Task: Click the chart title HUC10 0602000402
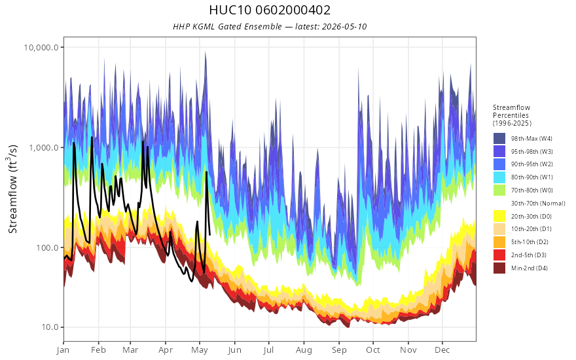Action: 270,10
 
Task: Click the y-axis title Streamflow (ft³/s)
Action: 12,189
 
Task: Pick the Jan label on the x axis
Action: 63,350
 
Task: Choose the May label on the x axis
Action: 200,350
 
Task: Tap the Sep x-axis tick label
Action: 339,350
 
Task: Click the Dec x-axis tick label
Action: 442,350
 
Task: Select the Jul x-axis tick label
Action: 268,350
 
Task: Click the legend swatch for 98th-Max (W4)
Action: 499,139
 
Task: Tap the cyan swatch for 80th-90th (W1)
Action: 499,177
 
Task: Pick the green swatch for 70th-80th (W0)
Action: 499,190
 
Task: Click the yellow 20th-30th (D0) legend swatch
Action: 499,217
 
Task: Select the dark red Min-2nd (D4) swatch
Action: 499,268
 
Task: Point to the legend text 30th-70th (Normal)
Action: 538,204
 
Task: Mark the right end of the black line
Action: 209,235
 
